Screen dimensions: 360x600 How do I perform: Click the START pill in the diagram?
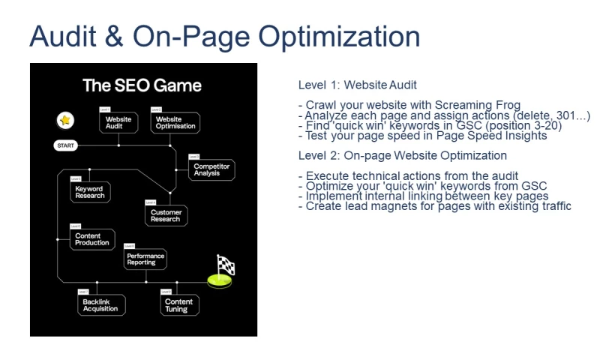coord(66,145)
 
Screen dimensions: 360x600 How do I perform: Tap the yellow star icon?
coord(65,120)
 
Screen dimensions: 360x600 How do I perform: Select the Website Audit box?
coord(119,123)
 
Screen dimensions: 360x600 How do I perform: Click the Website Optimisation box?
coord(175,123)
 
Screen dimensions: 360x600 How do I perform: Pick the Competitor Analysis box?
coord(211,169)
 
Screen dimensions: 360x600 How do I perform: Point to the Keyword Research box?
coord(89,193)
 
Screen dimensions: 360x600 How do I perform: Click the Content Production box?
coord(92,239)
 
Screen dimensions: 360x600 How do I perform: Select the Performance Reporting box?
coord(145,259)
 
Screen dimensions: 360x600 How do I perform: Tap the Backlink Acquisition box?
coord(100,304)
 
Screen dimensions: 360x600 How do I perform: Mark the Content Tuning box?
coord(178,304)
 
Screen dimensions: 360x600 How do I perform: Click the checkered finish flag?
coord(224,267)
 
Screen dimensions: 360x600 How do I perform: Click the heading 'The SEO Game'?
coord(142,85)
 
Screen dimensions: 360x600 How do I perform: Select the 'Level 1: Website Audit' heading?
coord(357,85)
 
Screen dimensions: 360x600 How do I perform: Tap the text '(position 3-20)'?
coord(519,125)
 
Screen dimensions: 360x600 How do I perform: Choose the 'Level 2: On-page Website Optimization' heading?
coord(402,156)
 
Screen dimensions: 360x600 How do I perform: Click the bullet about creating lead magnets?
coord(438,205)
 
